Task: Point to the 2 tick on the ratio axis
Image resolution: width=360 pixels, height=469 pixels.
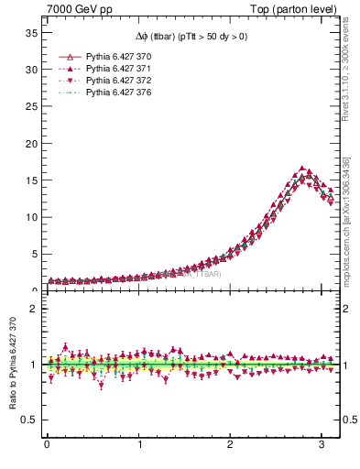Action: point(33,309)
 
